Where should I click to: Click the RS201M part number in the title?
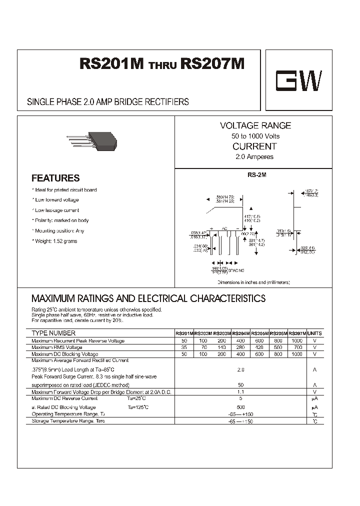tap(112, 64)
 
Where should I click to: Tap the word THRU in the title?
tap(162, 66)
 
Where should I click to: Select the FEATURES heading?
tap(55, 178)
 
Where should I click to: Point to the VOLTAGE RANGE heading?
tap(255, 125)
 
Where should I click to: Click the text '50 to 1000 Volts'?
tap(255, 136)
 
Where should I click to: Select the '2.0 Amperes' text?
tap(254, 157)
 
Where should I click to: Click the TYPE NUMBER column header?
tap(53, 333)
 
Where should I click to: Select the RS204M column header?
tap(241, 333)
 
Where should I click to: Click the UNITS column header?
tap(314, 333)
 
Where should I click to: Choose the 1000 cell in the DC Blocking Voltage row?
tap(297, 354)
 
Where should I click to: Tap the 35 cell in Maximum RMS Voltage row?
tap(184, 347)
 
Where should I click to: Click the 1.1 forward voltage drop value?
tap(240, 392)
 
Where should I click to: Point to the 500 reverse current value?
tap(240, 407)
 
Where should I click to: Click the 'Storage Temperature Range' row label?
tap(68, 421)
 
